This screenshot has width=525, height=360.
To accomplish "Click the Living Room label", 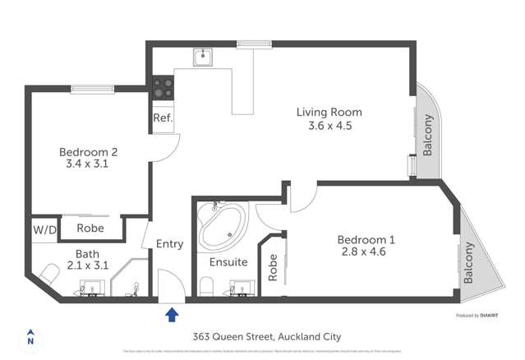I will pyautogui.click(x=329, y=113).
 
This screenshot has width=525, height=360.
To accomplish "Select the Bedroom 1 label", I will pyautogui.click(x=366, y=240).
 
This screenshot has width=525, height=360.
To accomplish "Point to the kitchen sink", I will pyautogui.click(x=203, y=58).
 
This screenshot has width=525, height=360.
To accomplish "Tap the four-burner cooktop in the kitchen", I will pyautogui.click(x=162, y=86).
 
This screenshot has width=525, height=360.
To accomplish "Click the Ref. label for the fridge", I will pyautogui.click(x=162, y=118).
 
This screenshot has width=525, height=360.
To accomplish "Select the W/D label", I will pyautogui.click(x=44, y=229).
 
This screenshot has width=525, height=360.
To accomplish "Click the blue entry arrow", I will pyautogui.click(x=172, y=314).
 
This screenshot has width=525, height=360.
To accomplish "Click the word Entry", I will pyautogui.click(x=169, y=244).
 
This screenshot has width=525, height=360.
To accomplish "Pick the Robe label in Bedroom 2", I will pyautogui.click(x=90, y=228).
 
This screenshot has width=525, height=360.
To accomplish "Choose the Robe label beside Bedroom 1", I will pyautogui.click(x=273, y=268).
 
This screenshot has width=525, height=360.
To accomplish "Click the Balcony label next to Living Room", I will pyautogui.click(x=428, y=135).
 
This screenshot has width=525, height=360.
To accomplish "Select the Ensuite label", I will pyautogui.click(x=228, y=263).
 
